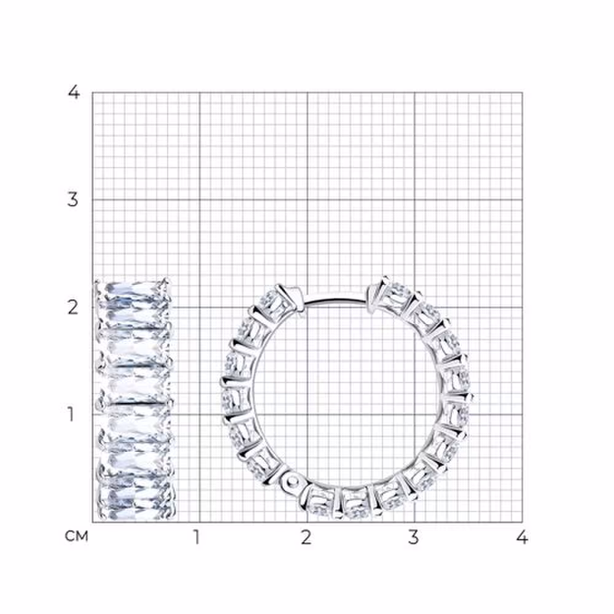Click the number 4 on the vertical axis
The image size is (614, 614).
point(74,93)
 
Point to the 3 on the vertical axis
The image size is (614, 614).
point(73,200)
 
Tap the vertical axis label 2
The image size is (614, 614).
point(73,308)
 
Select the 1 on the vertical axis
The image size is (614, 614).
point(71,414)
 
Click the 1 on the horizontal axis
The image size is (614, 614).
point(196,537)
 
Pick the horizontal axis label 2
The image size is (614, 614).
point(306,537)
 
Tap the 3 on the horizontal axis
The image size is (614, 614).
point(413,537)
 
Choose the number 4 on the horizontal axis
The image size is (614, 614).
point(522,537)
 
